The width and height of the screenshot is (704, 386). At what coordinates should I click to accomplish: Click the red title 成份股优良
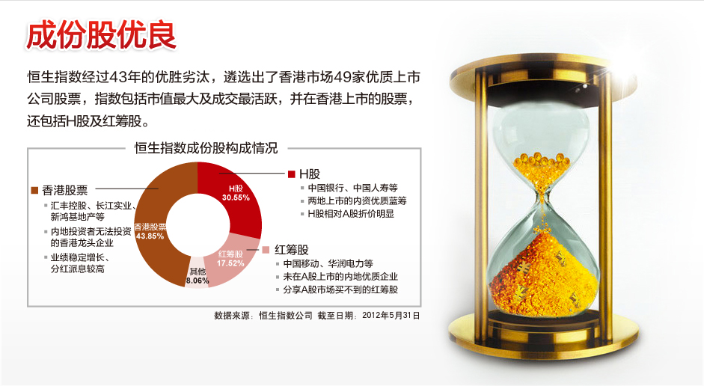pos(101,35)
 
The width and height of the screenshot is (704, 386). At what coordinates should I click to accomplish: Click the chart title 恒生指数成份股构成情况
pos(206,148)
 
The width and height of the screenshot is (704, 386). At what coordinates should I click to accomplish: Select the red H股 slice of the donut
pos(238,197)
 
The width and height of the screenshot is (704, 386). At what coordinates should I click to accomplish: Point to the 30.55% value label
pos(236,198)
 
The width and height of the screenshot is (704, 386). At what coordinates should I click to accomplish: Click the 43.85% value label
pos(150,236)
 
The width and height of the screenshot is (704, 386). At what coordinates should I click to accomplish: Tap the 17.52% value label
pos(230,263)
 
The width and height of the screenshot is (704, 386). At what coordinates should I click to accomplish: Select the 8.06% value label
pos(198,281)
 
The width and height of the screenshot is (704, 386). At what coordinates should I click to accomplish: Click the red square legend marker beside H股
pos(291,174)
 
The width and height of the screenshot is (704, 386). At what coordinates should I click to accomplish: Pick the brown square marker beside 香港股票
pos(34,190)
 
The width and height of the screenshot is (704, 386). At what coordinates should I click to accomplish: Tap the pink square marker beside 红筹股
pos(266,250)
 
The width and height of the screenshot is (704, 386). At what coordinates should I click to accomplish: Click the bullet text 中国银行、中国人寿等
pos(353,188)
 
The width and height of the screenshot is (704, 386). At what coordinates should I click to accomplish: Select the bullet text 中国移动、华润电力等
pos(328,263)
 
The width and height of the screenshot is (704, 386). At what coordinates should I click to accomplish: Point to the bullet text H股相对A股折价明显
pos(351,214)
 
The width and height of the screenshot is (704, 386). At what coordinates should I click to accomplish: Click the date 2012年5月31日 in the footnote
pos(391,316)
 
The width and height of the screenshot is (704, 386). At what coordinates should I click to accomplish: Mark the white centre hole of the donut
pos(198,225)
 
